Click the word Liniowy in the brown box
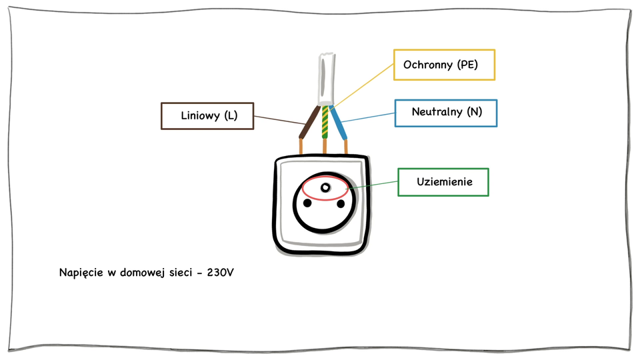click(201, 116)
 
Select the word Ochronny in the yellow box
click(429, 65)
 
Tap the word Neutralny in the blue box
click(437, 112)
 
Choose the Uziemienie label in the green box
click(445, 181)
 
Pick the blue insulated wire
click(340, 124)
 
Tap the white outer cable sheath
click(325, 77)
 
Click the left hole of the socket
click(308, 203)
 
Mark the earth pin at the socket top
click(325, 189)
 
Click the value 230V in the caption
click(220, 273)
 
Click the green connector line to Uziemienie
click(373, 185)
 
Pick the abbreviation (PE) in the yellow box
click(467, 65)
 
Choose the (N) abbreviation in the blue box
click(475, 112)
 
